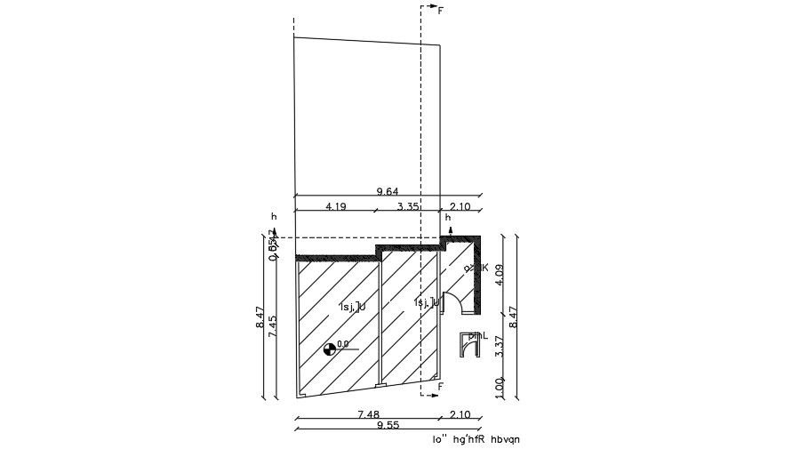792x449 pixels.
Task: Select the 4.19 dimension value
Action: [335, 206]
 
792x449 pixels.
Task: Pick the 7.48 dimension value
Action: [370, 414]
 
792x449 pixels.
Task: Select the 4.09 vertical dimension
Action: [500, 275]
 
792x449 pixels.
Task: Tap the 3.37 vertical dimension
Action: [500, 347]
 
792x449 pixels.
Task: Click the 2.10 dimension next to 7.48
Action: [460, 414]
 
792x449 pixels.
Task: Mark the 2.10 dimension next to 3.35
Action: [460, 206]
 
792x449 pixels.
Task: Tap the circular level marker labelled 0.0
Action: [331, 349]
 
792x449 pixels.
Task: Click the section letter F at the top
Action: [440, 11]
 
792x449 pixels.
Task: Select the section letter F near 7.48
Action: [440, 388]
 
